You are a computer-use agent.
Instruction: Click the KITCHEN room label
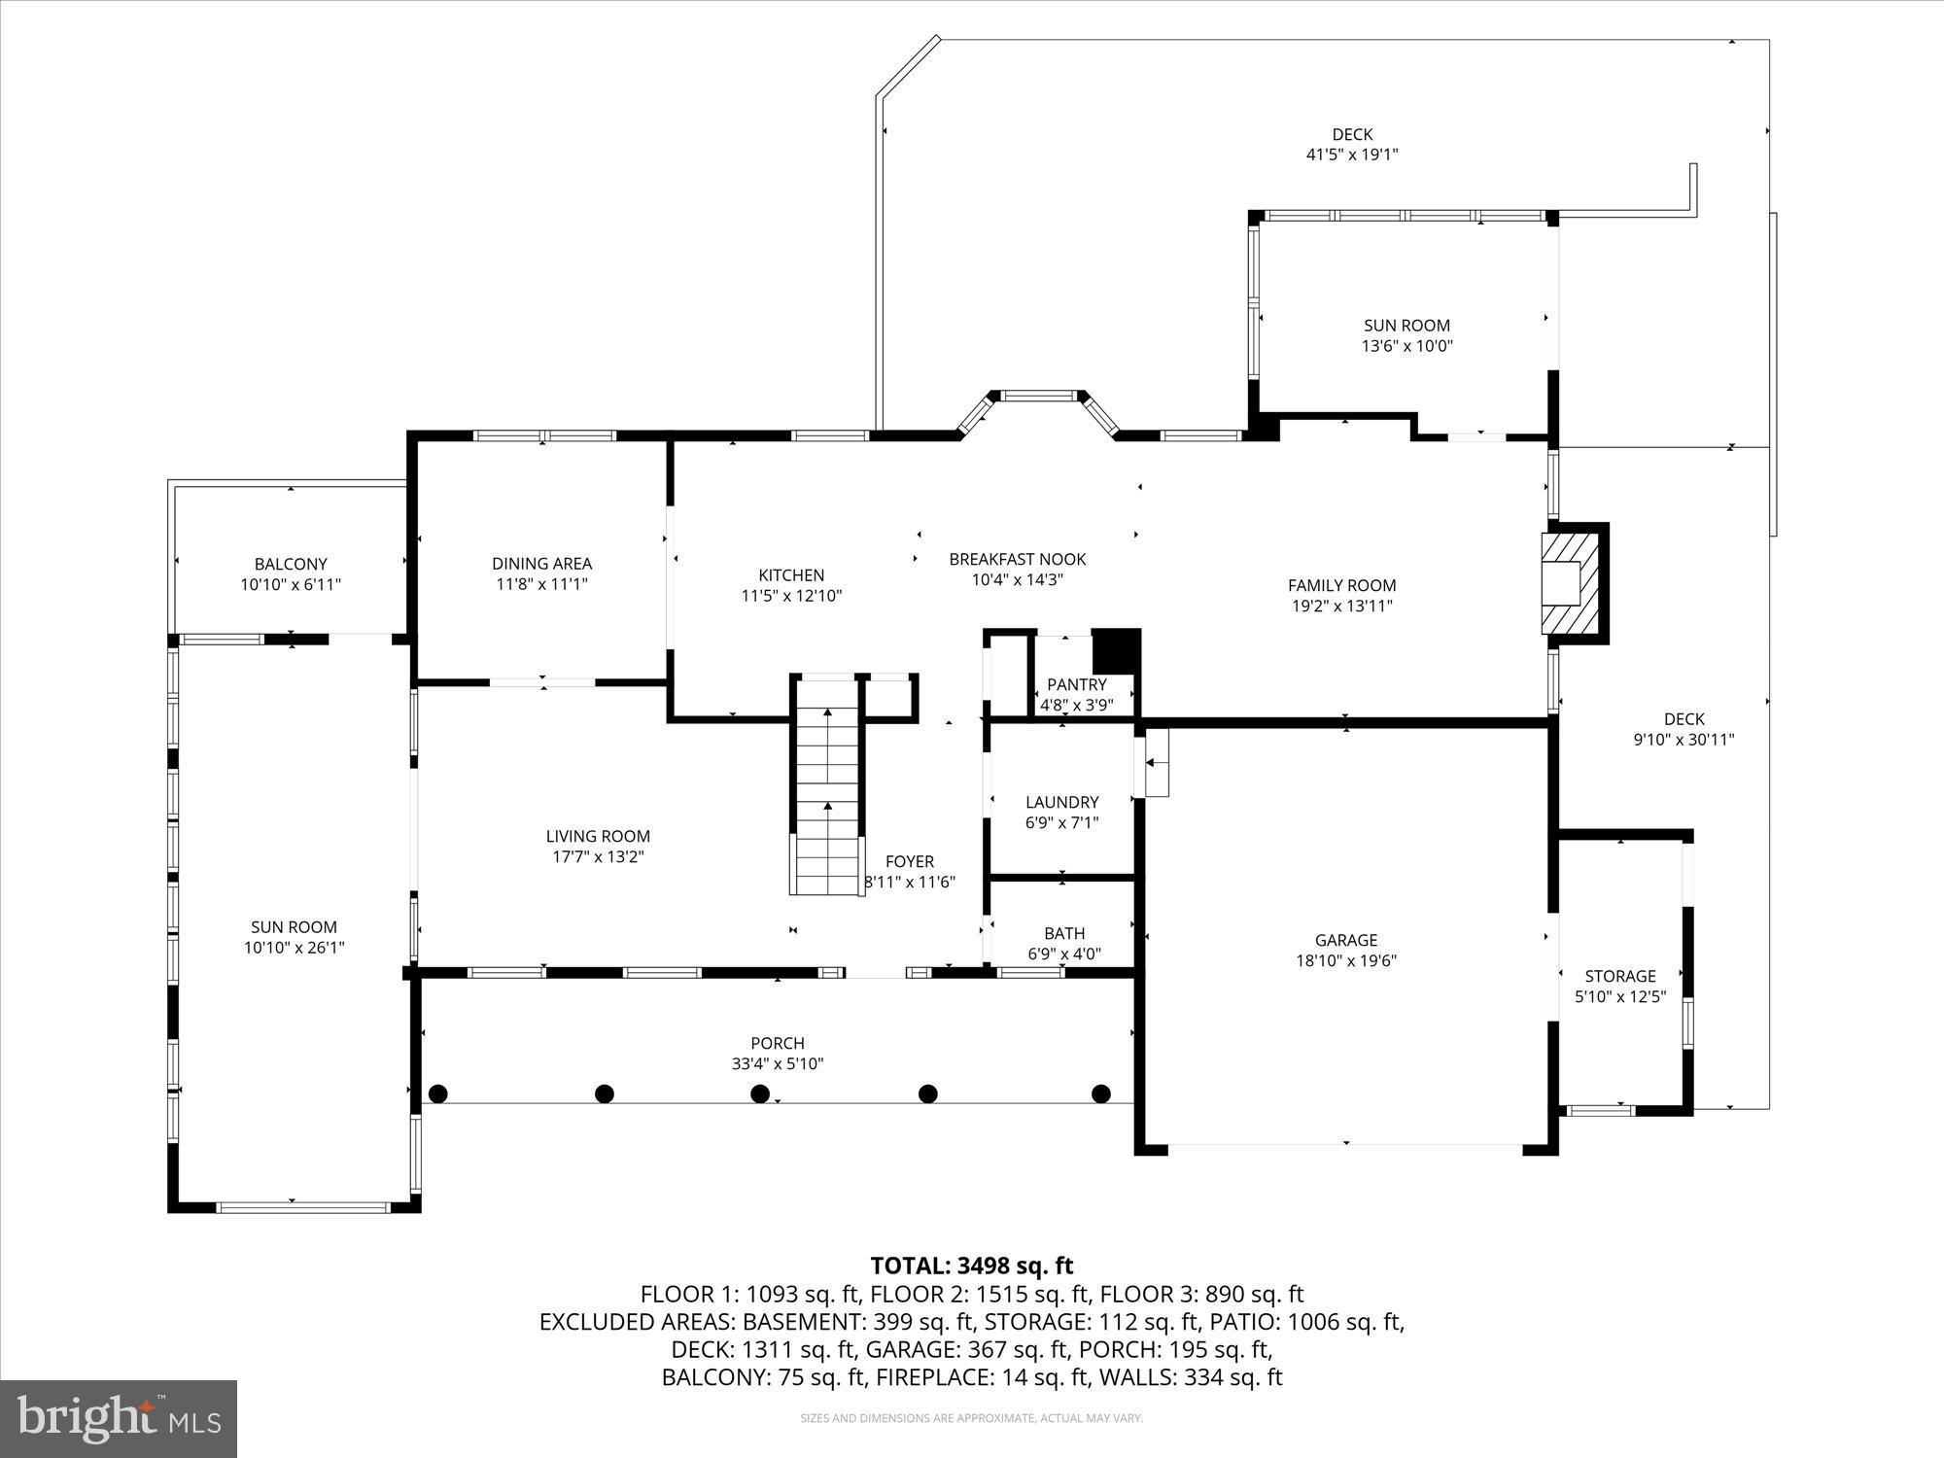(x=791, y=575)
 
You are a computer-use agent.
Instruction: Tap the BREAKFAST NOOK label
(x=1017, y=559)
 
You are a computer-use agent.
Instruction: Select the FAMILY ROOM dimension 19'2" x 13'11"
(x=1341, y=606)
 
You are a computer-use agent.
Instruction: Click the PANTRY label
(x=1076, y=684)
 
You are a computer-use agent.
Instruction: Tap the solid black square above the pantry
(x=1115, y=650)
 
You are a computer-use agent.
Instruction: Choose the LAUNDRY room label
(x=1061, y=802)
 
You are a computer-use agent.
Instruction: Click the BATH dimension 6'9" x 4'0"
(x=1064, y=954)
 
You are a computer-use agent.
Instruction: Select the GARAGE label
(x=1345, y=940)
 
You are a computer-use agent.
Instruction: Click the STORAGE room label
(x=1619, y=976)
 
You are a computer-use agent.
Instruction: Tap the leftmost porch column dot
(x=438, y=1093)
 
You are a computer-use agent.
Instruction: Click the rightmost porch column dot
(x=1100, y=1093)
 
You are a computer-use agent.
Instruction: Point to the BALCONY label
(x=291, y=564)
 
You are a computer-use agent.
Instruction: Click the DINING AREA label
(x=541, y=563)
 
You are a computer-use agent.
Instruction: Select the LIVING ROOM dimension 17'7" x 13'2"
(x=597, y=856)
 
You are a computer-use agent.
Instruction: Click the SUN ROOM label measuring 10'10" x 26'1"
(x=294, y=927)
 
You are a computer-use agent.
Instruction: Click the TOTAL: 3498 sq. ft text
(x=971, y=1266)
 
